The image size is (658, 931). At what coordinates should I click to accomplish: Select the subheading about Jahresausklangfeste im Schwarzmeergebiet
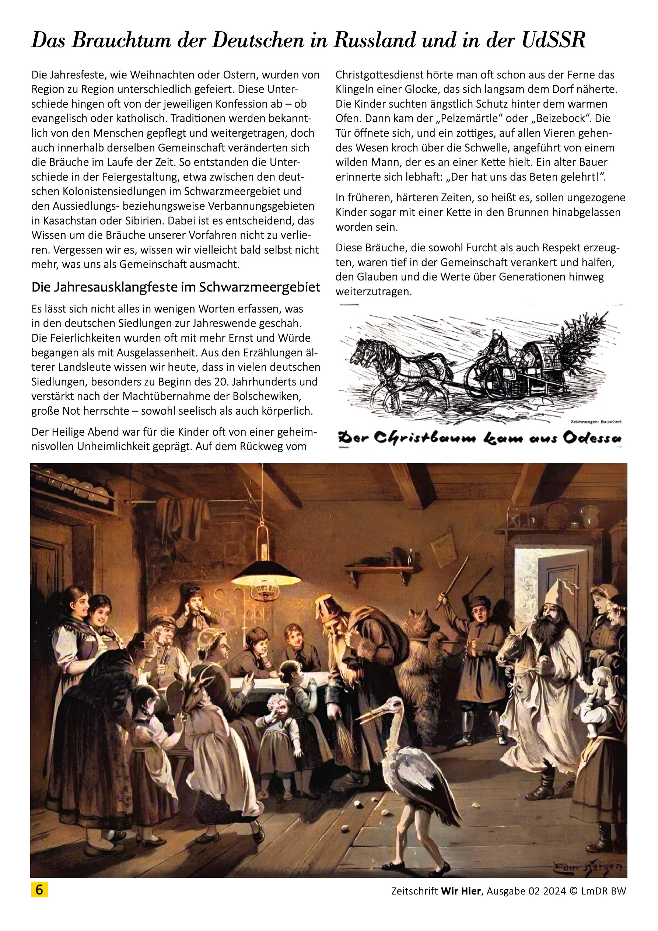pyautogui.click(x=175, y=287)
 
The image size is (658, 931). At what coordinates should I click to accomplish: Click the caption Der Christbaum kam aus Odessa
pyautogui.click(x=480, y=438)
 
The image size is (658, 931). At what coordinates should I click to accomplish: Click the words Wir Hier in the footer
pyautogui.click(x=461, y=891)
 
